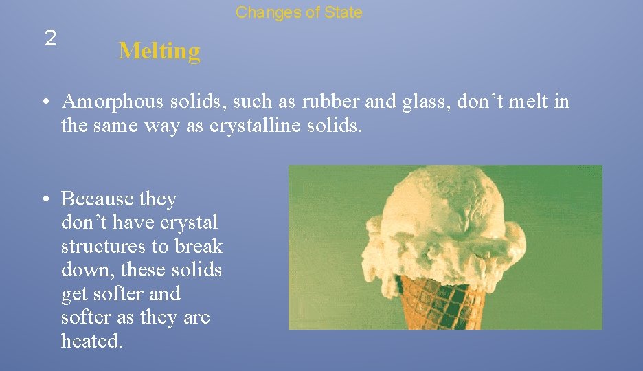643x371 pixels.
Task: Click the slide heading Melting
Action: coord(159,51)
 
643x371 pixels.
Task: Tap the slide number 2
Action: coord(49,38)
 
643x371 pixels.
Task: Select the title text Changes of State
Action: coord(299,12)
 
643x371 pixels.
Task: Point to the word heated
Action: coord(91,341)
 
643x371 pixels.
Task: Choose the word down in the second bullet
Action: coord(81,269)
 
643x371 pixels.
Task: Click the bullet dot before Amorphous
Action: coord(43,102)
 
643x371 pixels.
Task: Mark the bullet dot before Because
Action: coord(43,199)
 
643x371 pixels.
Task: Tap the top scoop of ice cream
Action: coord(447,206)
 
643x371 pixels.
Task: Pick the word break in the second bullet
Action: coord(200,246)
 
